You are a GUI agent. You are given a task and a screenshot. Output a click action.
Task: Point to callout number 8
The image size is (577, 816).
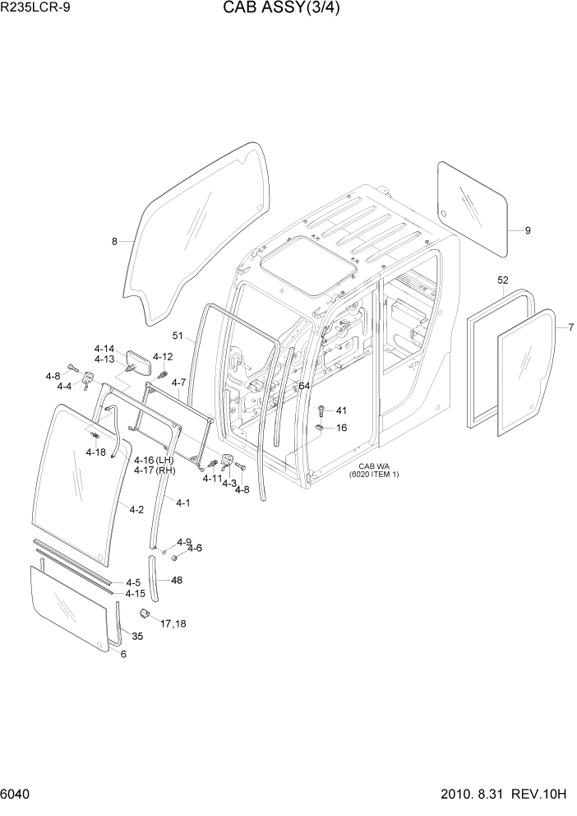(x=115, y=241)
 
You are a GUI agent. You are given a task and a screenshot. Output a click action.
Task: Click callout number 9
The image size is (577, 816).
(x=528, y=230)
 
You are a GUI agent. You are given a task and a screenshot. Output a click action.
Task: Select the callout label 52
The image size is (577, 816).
(x=502, y=280)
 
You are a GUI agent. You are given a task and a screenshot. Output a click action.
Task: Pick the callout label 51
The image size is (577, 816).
(x=178, y=335)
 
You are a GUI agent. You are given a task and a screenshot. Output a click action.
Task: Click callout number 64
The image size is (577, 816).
(x=304, y=385)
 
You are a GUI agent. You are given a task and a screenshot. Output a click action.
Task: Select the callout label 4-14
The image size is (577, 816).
(x=104, y=348)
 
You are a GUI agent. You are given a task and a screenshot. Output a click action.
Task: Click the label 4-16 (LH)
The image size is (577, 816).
(x=155, y=460)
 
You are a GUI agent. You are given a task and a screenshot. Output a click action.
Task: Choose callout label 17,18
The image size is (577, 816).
(x=173, y=624)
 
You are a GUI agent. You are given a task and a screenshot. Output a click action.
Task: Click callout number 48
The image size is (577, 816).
(x=176, y=580)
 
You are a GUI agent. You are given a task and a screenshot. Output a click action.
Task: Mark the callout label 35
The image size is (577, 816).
(x=137, y=636)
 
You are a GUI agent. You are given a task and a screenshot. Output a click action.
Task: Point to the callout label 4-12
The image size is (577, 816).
(x=162, y=356)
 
